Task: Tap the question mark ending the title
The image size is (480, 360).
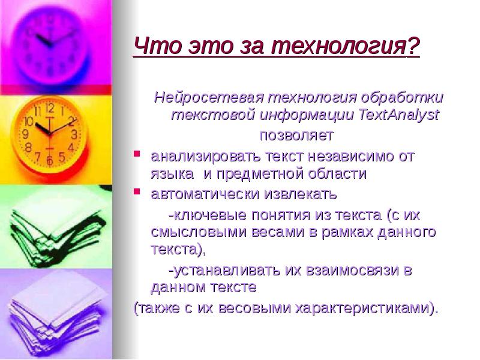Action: click(413, 46)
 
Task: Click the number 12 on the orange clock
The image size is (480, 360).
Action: click(50, 109)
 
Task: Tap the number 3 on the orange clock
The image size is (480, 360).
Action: click(73, 134)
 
